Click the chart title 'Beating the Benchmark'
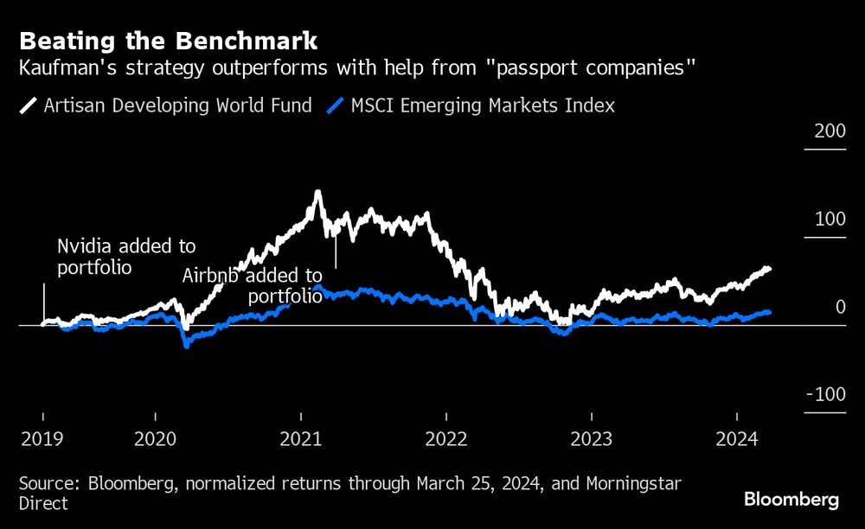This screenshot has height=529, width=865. (168, 41)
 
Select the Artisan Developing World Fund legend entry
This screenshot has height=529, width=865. (164, 106)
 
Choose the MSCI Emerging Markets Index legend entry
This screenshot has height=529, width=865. (471, 106)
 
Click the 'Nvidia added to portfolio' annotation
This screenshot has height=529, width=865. (126, 257)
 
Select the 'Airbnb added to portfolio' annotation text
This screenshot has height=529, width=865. (253, 286)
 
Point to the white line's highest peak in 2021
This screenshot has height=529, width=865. (317, 192)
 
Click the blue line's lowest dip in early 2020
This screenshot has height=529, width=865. (186, 346)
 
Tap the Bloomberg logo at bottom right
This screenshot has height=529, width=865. (791, 500)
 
